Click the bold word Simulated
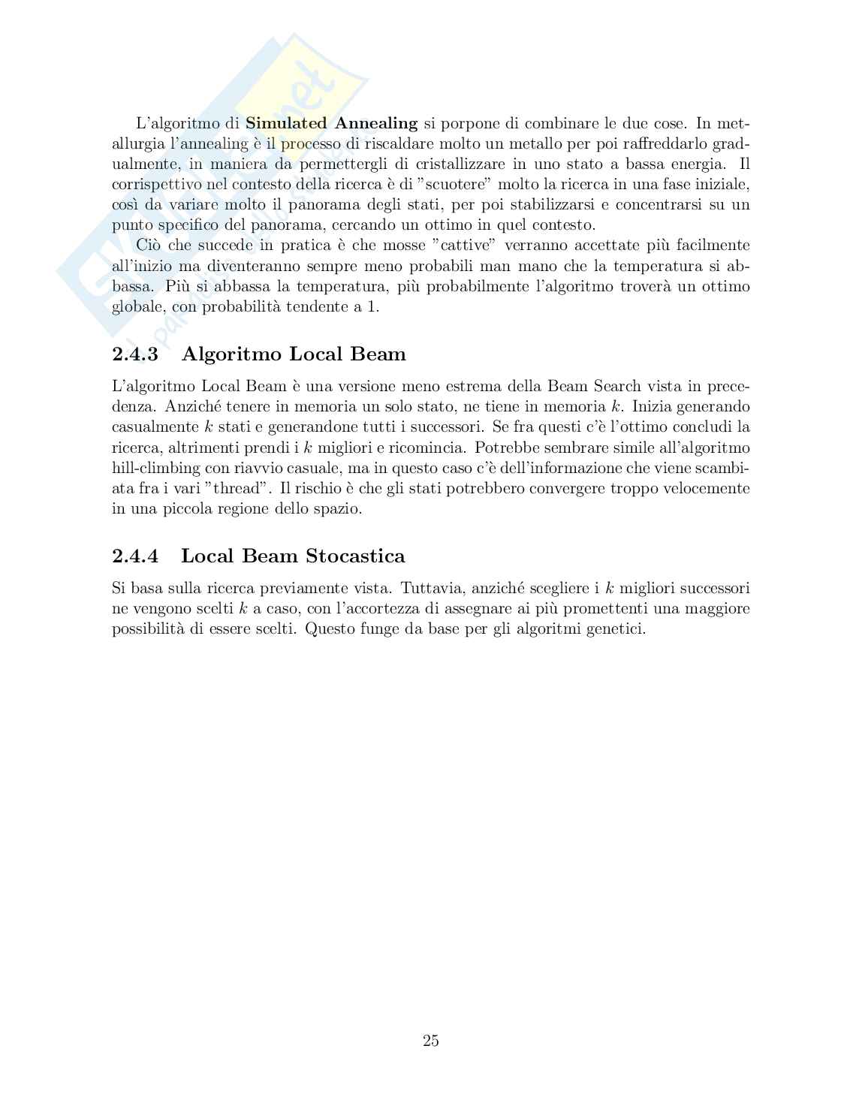[286, 123]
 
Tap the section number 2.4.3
[135, 354]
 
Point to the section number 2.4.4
[135, 556]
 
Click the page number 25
[431, 1041]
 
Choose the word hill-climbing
[155, 468]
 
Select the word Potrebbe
[505, 448]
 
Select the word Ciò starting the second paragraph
[149, 245]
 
